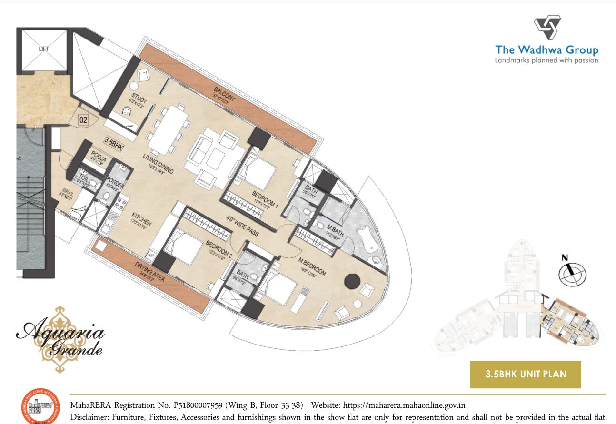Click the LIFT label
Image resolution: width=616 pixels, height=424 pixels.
click(44, 49)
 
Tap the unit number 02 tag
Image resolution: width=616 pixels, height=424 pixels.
click(83, 120)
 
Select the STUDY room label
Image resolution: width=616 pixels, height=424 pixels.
click(139, 99)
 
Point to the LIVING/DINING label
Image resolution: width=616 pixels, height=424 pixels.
click(159, 164)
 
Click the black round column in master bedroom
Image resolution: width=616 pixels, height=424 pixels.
click(352, 281)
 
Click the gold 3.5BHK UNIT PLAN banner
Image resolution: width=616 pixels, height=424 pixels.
click(526, 374)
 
